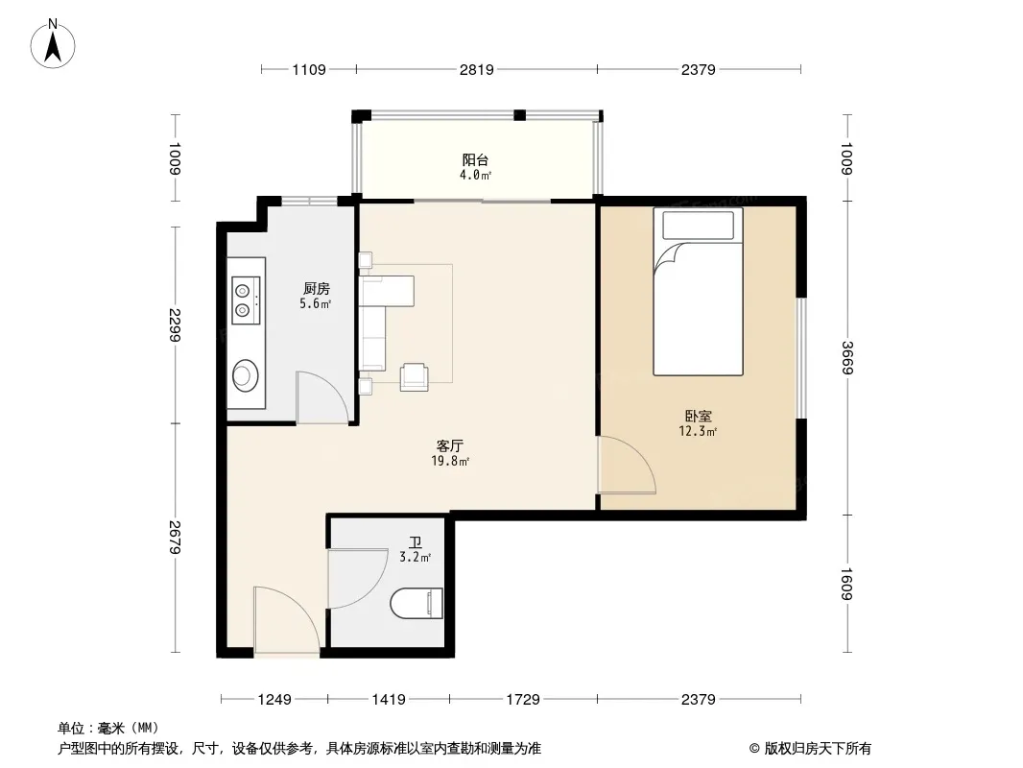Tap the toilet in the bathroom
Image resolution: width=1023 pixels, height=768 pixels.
click(416, 603)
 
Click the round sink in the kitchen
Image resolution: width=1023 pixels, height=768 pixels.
click(246, 375)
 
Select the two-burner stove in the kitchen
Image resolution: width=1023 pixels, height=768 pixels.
click(246, 300)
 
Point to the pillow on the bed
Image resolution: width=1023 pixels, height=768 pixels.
click(698, 225)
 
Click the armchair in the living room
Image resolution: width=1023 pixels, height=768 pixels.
click(415, 377)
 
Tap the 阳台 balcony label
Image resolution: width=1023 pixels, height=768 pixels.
click(475, 159)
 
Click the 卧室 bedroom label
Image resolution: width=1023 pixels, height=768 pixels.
click(698, 416)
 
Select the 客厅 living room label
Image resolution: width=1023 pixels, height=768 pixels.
click(449, 445)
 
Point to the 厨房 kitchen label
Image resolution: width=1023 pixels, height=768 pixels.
click(317, 288)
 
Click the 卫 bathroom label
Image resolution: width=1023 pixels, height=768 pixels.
click(415, 542)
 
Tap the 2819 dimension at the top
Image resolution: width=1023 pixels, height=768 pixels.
click(476, 69)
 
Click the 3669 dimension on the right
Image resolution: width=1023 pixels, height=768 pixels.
click(846, 357)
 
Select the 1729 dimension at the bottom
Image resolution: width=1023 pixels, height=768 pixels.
click(523, 700)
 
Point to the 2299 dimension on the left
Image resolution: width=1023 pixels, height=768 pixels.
click(175, 324)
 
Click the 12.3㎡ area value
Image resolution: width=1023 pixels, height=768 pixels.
click(698, 431)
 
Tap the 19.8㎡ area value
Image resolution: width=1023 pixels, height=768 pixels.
click(449, 462)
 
